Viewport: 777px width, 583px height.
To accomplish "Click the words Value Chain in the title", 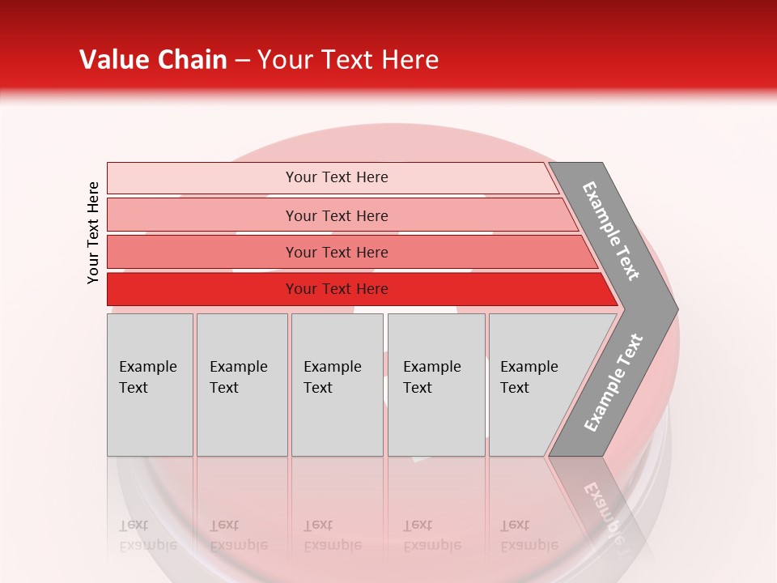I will (x=153, y=60).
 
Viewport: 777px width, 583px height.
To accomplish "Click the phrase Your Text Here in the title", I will (x=348, y=60).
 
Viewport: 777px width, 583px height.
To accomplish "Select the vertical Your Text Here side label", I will (x=93, y=232).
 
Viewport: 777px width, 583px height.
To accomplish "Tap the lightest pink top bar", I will (x=202, y=178).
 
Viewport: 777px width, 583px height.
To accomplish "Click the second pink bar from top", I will (x=202, y=215).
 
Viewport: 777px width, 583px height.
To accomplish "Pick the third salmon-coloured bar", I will (x=202, y=252).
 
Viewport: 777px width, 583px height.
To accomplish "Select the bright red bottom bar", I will (x=202, y=289).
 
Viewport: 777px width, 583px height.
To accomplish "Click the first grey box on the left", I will (x=150, y=385).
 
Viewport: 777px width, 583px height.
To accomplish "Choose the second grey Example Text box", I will (x=242, y=385).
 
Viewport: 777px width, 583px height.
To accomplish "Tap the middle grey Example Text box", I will (x=337, y=385).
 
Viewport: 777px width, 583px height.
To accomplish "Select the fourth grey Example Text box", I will (x=436, y=385).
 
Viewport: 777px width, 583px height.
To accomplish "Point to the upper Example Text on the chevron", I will (x=612, y=231).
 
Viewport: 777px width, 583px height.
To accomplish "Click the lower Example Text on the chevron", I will (x=614, y=382).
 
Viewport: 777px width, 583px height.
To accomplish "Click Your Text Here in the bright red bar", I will (x=337, y=289).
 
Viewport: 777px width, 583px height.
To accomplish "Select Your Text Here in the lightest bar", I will (x=337, y=177).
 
